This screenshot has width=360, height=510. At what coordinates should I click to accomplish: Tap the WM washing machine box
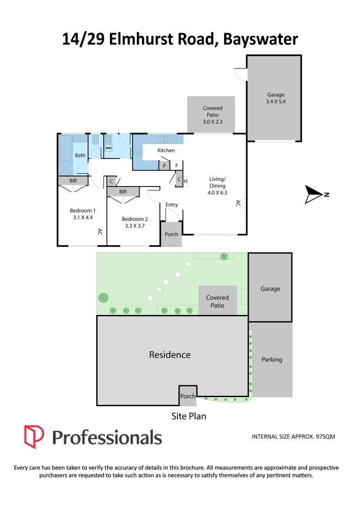pos(109,148)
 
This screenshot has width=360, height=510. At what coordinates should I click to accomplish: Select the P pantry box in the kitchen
pos(164,166)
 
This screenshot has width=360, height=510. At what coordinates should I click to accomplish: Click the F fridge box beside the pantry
pos(176,166)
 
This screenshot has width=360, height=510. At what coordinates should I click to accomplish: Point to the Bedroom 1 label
pos(83,211)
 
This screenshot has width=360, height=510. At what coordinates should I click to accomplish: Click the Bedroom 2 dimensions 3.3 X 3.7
pos(135,226)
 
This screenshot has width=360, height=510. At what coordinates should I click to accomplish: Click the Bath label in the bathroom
pos(80,155)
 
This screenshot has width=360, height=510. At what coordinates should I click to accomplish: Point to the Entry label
pos(172,204)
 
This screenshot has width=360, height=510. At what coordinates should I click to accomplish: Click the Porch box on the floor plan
pos(171,234)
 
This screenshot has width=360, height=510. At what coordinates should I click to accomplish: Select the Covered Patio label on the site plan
pos(217,301)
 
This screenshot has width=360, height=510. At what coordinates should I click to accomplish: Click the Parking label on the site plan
pos(272,359)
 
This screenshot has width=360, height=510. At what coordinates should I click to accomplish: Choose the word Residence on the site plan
pos(170,355)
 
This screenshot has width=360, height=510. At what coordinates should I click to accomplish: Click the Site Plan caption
pos(189,416)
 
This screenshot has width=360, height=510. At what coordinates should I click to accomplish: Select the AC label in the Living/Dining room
pos(238,204)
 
